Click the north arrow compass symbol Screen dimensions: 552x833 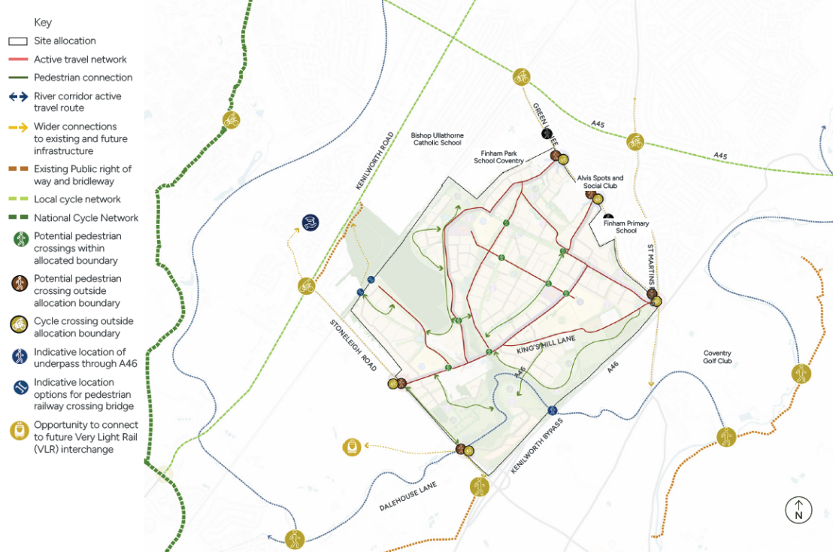(798, 510)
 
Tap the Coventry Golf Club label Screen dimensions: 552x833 (717, 356)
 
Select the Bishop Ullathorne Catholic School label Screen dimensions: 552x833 (437, 139)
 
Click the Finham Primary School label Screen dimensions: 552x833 (626, 227)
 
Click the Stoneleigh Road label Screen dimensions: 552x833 (352, 345)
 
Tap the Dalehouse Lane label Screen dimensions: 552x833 (408, 497)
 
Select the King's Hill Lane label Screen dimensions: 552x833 (546, 346)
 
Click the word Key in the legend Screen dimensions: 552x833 (43, 23)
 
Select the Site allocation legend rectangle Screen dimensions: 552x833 (18, 41)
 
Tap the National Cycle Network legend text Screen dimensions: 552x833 (86, 218)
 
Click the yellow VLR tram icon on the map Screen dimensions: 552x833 (351, 446)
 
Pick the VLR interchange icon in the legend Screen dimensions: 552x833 (19, 431)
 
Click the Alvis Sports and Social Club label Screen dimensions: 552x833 (600, 182)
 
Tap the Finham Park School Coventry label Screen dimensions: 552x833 (498, 156)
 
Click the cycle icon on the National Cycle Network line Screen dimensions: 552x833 (231, 120)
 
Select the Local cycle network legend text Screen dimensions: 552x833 (77, 199)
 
